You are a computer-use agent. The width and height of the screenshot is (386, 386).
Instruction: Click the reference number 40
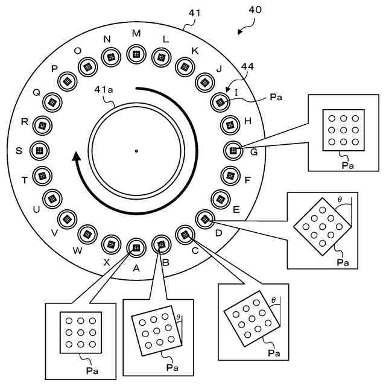pos(255,10)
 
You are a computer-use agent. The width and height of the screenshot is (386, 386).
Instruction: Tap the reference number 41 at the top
pos(194,13)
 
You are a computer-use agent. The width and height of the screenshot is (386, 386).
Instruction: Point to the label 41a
pos(104,90)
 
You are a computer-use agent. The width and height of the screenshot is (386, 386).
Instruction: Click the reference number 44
pos(247,66)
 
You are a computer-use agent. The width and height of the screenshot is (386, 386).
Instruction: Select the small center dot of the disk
pos(136,151)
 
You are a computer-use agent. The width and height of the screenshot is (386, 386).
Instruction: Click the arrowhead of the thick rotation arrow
pos(77,156)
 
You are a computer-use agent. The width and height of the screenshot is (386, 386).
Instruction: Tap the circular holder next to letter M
pos(136,54)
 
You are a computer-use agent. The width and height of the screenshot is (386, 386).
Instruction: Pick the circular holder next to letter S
pos(39,151)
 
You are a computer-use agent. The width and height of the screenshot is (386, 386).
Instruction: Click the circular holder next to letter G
pos(233,151)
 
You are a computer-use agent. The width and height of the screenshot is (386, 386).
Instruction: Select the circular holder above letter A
pos(136,248)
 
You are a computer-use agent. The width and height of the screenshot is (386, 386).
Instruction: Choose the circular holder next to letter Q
pos(52,103)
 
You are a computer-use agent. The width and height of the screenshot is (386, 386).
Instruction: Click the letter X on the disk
pos(106,263)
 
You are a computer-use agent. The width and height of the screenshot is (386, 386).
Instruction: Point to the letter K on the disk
pos(195,51)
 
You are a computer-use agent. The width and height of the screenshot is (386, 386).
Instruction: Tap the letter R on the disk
pos(25,122)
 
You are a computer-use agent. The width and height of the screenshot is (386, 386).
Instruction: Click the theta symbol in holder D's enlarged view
pos(340,200)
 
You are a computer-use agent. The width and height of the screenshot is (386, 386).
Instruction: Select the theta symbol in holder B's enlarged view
pos(179,317)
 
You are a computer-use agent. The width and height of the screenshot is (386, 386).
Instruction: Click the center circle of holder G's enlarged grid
pos(343,130)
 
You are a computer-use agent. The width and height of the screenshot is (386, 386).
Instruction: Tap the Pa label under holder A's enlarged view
pos(92,371)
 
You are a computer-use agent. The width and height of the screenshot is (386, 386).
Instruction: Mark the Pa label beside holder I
pos(276,97)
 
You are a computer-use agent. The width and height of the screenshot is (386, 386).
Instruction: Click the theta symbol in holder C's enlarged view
pos(273,300)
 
